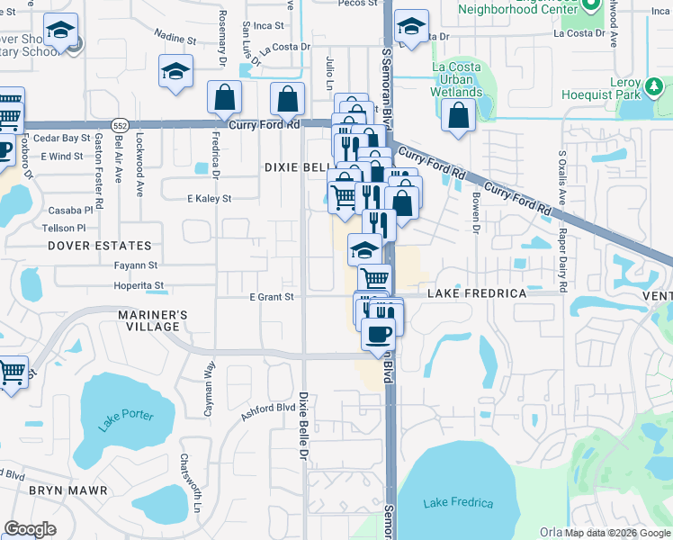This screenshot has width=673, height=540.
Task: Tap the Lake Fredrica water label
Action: click(x=459, y=503)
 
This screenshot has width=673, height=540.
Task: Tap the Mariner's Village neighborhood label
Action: click(x=153, y=320)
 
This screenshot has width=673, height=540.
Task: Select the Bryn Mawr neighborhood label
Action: click(x=68, y=490)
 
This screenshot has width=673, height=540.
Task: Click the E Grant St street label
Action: click(x=272, y=297)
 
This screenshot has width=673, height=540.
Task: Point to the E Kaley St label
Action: click(x=209, y=198)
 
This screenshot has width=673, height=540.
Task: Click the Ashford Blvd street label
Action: click(x=268, y=411)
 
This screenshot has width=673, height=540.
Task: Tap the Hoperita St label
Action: click(x=139, y=286)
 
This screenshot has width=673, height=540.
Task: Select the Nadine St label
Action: click(x=175, y=40)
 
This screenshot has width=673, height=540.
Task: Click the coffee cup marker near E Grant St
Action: click(x=378, y=335)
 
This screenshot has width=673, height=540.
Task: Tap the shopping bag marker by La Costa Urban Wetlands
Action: click(x=459, y=115)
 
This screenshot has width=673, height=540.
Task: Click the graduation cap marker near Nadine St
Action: click(x=175, y=73)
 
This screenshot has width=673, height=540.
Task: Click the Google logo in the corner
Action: click(x=30, y=529)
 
